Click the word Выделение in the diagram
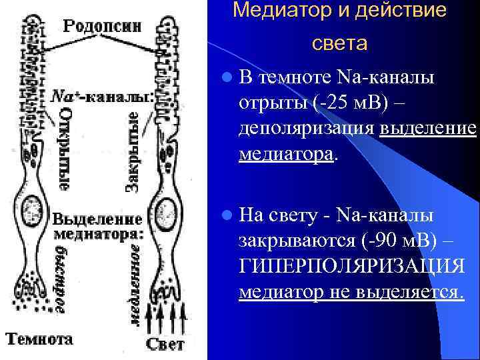[x=97, y=219]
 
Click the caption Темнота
[x=40, y=339]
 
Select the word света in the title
[x=339, y=44]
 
